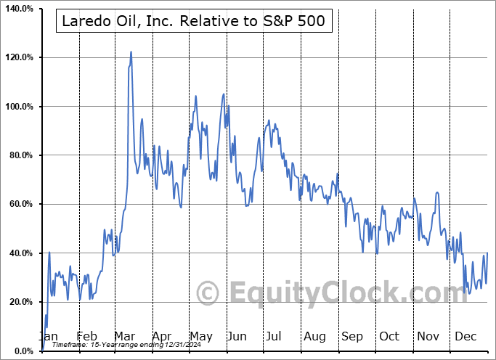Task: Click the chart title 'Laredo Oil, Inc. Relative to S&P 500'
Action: pyautogui.click(x=194, y=22)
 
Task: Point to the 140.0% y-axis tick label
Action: pyautogui.click(x=19, y=8)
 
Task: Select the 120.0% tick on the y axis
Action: pyautogui.click(x=19, y=57)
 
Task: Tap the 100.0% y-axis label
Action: pyautogui.click(x=19, y=107)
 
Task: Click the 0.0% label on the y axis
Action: pyautogui.click(x=23, y=351)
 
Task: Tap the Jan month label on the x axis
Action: pyautogui.click(x=49, y=337)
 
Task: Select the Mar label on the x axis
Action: pyautogui.click(x=124, y=337)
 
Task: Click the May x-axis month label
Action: pyautogui.click(x=200, y=337)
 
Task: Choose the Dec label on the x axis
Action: pyautogui.click(x=466, y=337)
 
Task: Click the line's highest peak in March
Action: pyautogui.click(x=131, y=52)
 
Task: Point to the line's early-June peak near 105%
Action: pyautogui.click(x=224, y=94)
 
